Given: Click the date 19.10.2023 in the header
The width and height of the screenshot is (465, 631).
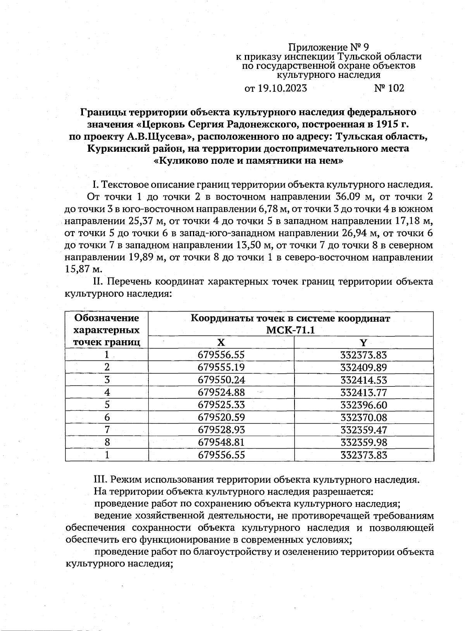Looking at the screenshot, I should click(x=282, y=89).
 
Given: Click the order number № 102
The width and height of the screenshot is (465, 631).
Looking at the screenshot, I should click(x=389, y=89).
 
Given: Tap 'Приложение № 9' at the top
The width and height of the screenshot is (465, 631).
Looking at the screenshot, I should click(x=328, y=48).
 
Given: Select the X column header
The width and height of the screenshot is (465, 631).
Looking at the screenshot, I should click(x=221, y=343).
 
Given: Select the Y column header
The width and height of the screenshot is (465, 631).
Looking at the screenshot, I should click(x=363, y=343).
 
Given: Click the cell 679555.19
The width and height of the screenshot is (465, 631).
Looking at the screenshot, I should click(x=221, y=367).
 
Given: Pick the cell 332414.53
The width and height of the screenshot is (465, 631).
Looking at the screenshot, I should click(x=363, y=380).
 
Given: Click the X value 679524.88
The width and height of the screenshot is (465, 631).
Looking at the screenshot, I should click(x=221, y=393).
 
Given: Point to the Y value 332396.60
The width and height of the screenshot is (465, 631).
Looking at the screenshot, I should click(x=363, y=405).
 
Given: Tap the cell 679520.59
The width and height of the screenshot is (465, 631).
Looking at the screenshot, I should click(x=221, y=417).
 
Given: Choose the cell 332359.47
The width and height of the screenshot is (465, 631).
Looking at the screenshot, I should click(x=363, y=430).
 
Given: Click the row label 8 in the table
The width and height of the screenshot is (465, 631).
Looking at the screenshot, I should click(x=107, y=442).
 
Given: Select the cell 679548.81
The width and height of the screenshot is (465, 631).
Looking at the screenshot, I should click(x=221, y=442).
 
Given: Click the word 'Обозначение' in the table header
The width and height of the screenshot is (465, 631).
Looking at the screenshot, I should click(x=107, y=318).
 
